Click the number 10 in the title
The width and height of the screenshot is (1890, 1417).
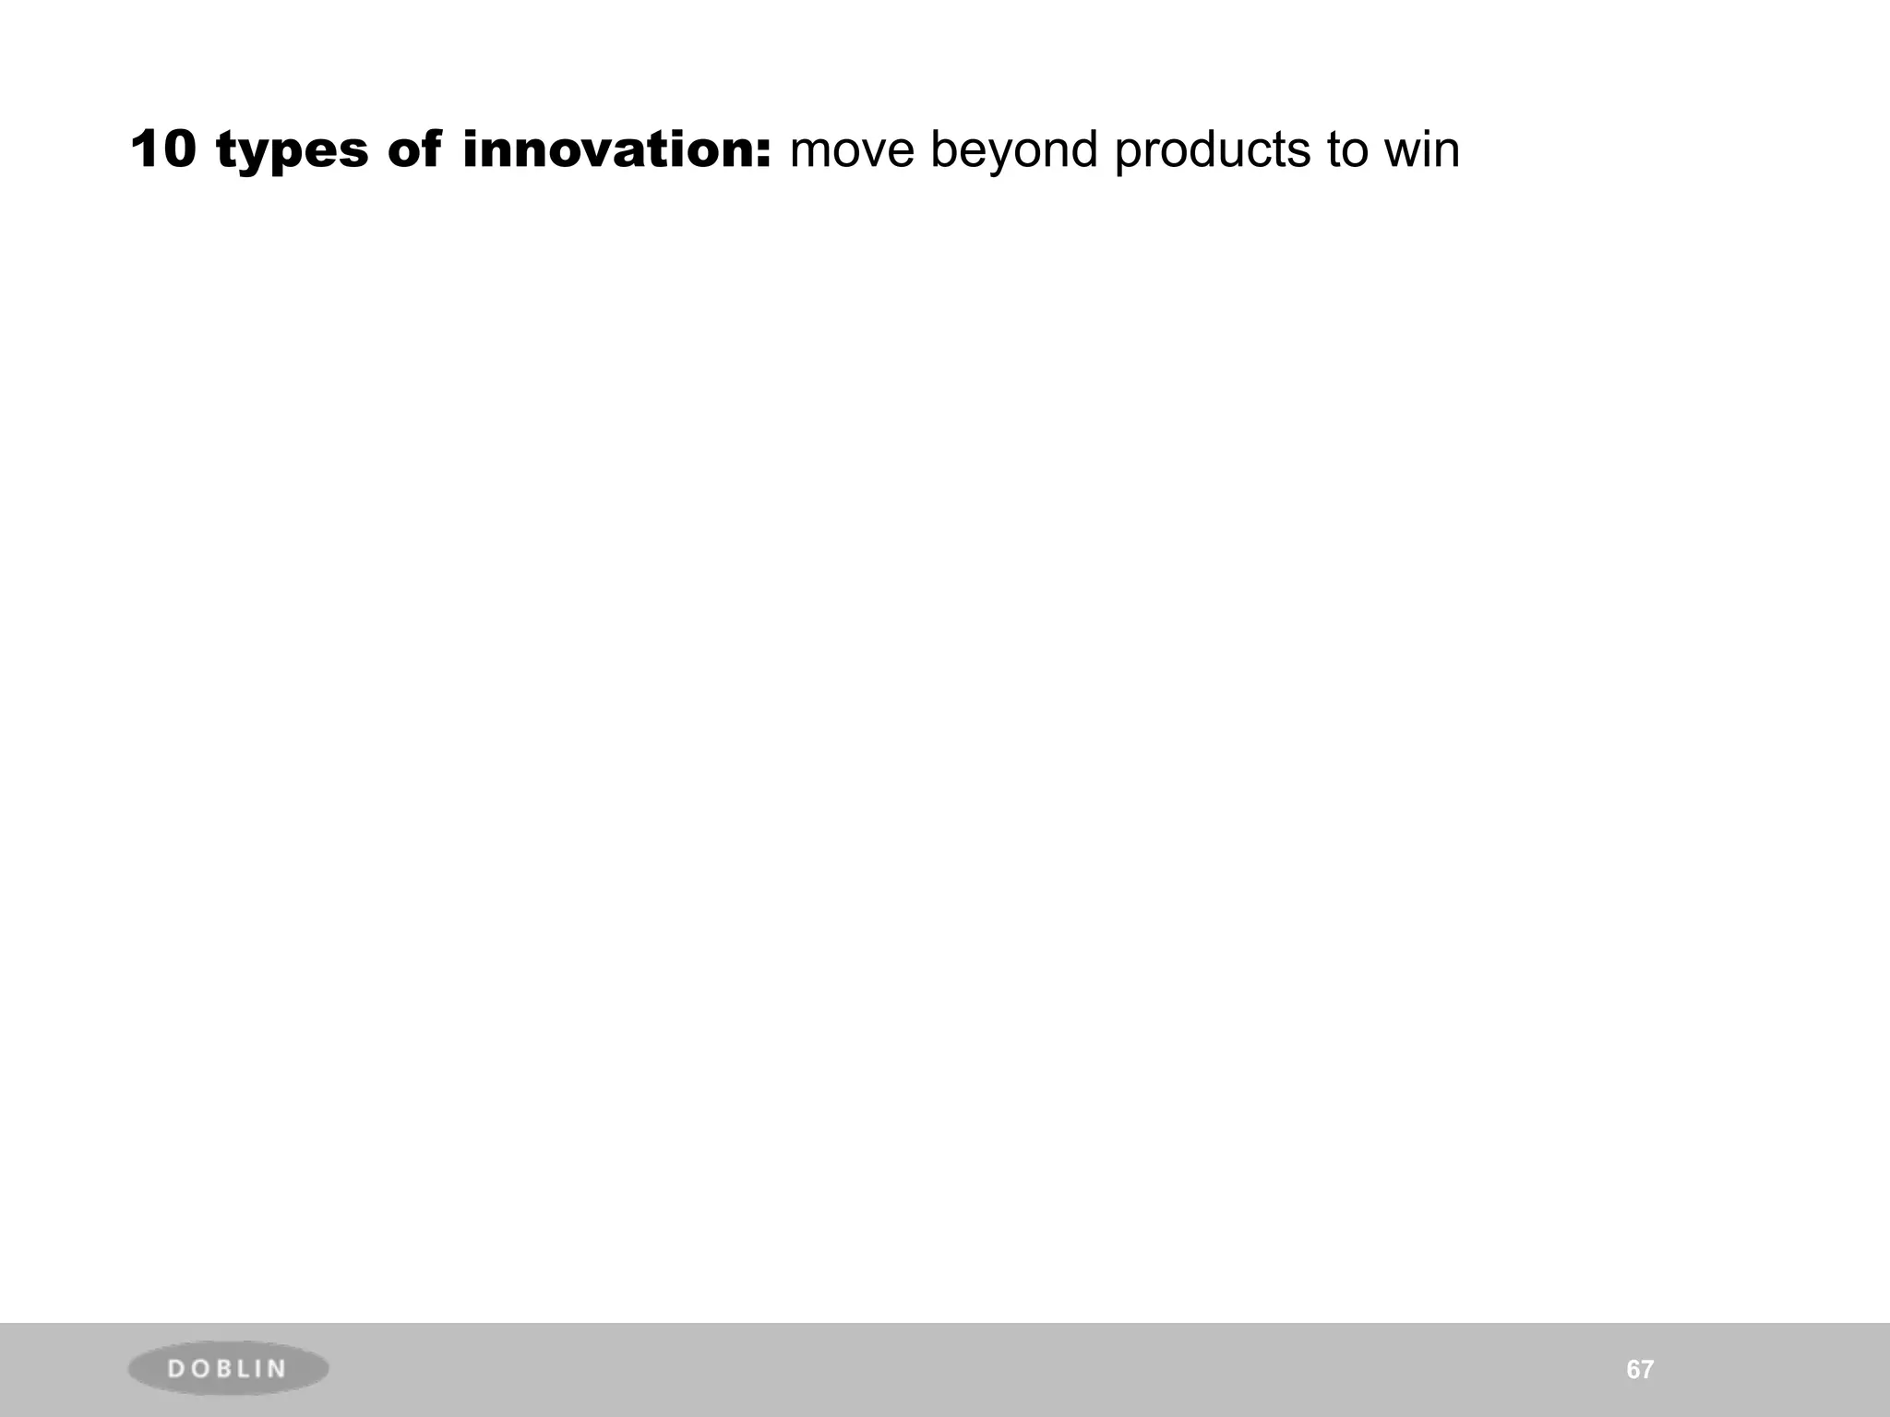(x=163, y=149)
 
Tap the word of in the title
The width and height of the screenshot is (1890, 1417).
(x=413, y=149)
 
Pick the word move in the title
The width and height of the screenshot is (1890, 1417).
(x=850, y=151)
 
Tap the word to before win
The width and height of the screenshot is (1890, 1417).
(x=1346, y=151)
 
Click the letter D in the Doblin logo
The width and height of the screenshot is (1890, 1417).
(x=176, y=1369)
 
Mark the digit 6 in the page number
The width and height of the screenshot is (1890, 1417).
(x=1633, y=1370)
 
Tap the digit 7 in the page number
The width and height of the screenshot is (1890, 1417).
(x=1647, y=1370)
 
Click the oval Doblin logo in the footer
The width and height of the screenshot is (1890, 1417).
(x=228, y=1369)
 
